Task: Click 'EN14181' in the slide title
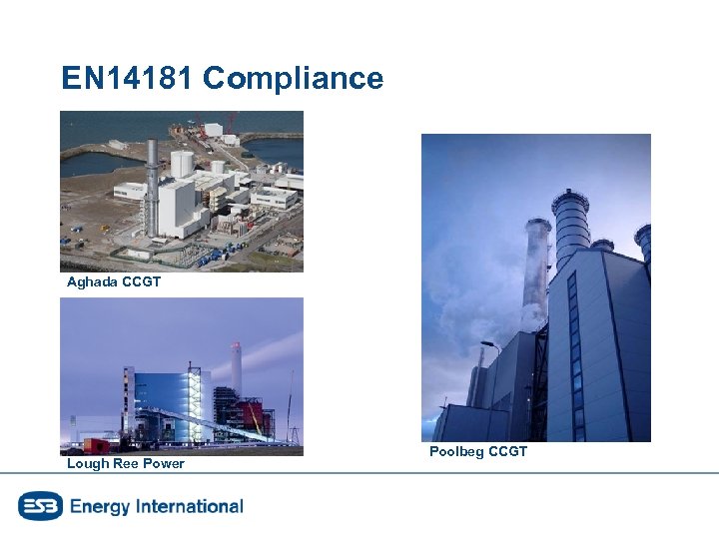[x=127, y=79]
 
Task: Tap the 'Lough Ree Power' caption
[x=126, y=463]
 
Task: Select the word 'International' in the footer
[x=190, y=506]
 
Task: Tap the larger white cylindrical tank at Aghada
[x=182, y=163]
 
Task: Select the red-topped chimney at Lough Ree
[x=237, y=369]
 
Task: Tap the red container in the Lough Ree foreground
[x=97, y=445]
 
